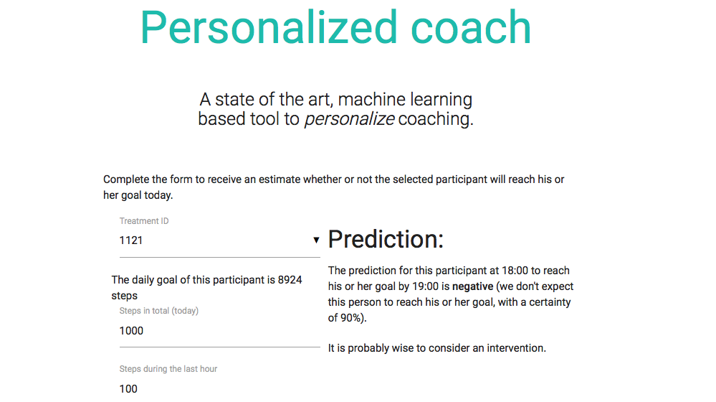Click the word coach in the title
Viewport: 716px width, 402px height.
pyautogui.click(x=471, y=28)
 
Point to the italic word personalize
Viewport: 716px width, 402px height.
pyautogui.click(x=349, y=119)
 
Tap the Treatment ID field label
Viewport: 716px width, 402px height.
pyautogui.click(x=144, y=221)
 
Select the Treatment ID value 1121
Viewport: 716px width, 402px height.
pyautogui.click(x=131, y=240)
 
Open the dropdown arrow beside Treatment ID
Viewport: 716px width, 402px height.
pyautogui.click(x=316, y=240)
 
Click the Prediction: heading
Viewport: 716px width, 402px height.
pyautogui.click(x=386, y=239)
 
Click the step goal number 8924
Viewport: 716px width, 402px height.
pyautogui.click(x=290, y=280)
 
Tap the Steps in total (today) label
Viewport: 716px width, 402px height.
pyautogui.click(x=159, y=311)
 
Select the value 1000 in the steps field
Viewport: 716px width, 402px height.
pyautogui.click(x=131, y=331)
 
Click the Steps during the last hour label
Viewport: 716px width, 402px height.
pyautogui.click(x=168, y=368)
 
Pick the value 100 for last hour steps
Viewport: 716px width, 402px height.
pyautogui.click(x=128, y=389)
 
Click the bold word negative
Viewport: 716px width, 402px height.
pyautogui.click(x=472, y=286)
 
